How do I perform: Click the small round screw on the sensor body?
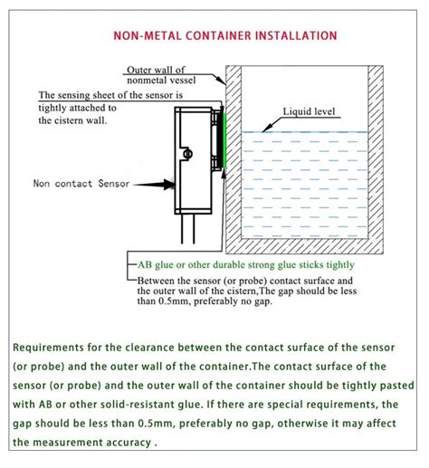(187, 155)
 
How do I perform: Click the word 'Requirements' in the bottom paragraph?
(50, 347)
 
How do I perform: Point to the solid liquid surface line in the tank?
(299, 133)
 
